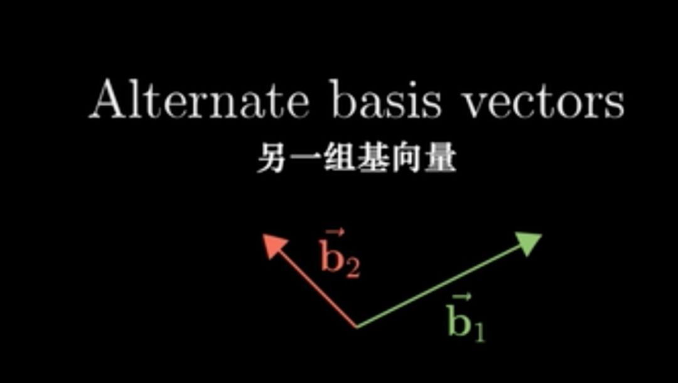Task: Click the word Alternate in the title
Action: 198,100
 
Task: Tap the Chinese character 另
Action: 268,160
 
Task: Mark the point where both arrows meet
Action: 357,327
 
